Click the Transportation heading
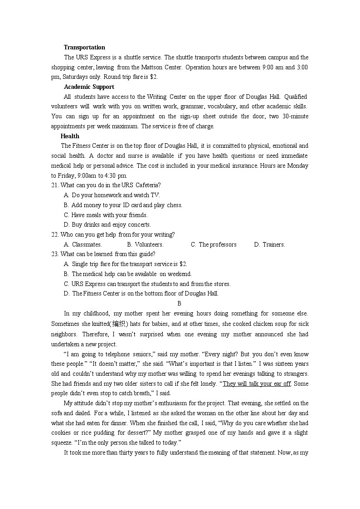pos(84,48)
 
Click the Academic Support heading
pos(89,87)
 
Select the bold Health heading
pos(70,136)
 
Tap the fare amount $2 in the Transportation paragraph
pos(153,77)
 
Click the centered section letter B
pos(180,304)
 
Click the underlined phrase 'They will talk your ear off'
pos(257,383)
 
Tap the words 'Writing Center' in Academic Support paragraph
pos(165,97)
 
